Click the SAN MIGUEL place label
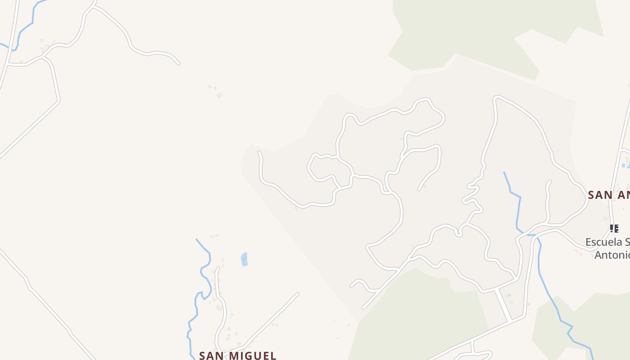click(x=238, y=355)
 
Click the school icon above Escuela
click(x=614, y=229)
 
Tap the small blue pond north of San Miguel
click(x=244, y=259)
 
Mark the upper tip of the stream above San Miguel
click(x=197, y=239)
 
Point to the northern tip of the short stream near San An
click(x=504, y=172)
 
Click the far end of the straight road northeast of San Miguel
click(x=297, y=294)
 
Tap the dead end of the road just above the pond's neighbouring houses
click(x=218, y=268)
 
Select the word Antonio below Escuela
click(x=612, y=255)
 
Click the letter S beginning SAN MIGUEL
click(x=202, y=355)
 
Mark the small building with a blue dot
click(x=508, y=296)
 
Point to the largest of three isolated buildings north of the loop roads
click(x=219, y=95)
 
